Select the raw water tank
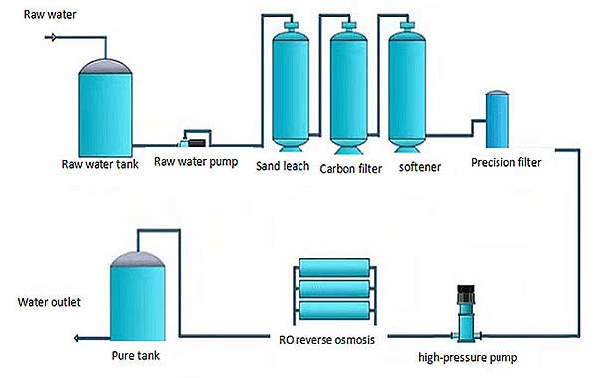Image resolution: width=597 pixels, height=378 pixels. pyautogui.click(x=104, y=109)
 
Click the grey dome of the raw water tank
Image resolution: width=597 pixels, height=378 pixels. pyautogui.click(x=104, y=65)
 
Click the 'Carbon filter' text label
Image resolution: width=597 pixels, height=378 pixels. pyautogui.click(x=352, y=168)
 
